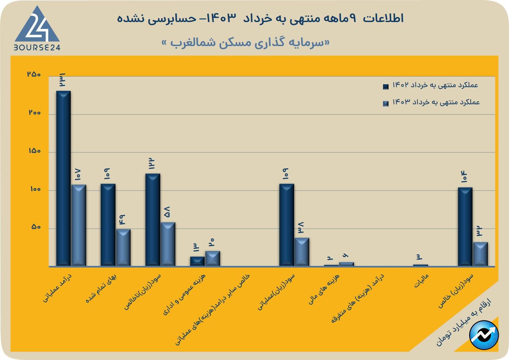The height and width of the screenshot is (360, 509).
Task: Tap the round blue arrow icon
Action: click(484, 335)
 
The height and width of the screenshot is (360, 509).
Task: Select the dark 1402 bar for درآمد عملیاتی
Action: click(64, 178)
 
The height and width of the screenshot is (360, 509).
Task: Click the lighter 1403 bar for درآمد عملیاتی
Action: click(79, 225)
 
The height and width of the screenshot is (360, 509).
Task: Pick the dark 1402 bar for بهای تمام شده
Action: click(108, 224)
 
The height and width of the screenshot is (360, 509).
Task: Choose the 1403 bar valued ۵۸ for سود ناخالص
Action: click(168, 244)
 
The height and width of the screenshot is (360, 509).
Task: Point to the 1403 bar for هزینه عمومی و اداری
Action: click(213, 258)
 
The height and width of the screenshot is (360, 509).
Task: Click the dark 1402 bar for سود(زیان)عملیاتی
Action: click(287, 224)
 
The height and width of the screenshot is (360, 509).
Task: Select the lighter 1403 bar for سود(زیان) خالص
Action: click(480, 254)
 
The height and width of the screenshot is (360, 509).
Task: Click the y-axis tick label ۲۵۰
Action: click(34, 74)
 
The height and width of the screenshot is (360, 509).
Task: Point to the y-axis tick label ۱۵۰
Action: click(34, 151)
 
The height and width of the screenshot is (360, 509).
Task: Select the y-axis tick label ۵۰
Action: click(36, 227)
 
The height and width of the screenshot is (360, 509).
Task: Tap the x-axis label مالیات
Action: click(421, 281)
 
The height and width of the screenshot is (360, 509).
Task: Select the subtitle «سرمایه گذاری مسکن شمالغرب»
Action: click(245, 43)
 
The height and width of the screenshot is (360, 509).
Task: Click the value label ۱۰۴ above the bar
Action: click(464, 177)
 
